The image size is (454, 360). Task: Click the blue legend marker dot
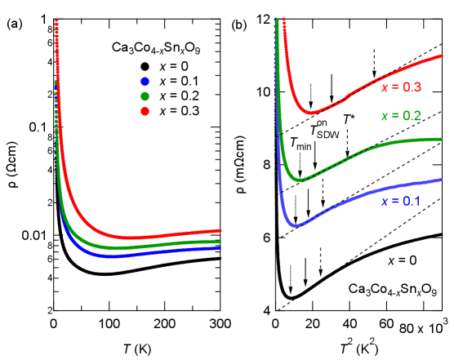click(145, 82)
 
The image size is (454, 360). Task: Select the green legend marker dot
click(145, 96)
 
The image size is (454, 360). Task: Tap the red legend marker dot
click(145, 111)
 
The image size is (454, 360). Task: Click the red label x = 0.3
click(401, 87)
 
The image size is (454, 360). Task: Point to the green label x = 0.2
click(401, 116)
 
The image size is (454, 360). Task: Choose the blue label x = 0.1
click(401, 201)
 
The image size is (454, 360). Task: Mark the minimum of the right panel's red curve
click(310, 113)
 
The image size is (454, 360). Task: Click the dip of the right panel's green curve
click(300, 180)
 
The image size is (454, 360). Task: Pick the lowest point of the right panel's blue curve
click(296, 224)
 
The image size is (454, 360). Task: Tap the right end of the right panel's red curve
click(442, 57)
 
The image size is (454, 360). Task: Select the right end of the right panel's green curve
click(442, 139)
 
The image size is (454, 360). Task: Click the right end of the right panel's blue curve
click(442, 179)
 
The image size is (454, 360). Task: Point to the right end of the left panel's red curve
click(221, 231)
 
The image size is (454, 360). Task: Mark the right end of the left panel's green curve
click(221, 242)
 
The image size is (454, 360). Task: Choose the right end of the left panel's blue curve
click(221, 247)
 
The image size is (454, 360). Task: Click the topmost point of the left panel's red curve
click(56, 20)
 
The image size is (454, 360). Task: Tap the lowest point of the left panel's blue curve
click(112, 256)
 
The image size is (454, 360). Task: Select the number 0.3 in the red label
click(412, 87)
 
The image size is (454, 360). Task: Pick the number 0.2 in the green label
click(412, 116)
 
